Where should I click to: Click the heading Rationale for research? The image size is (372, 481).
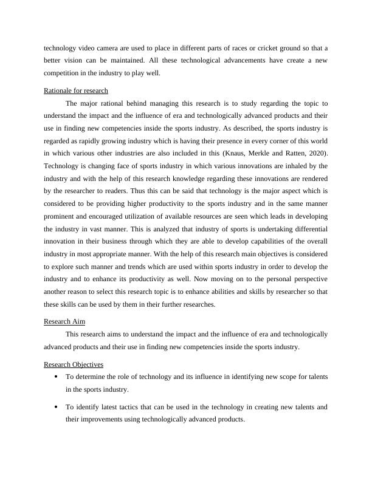click(76, 90)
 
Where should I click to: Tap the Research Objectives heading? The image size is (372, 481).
click(74, 364)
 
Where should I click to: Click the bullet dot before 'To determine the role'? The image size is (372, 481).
click(56, 377)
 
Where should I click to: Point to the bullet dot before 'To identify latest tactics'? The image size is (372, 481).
click(56, 407)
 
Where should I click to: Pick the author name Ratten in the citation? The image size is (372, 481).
click(292, 152)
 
